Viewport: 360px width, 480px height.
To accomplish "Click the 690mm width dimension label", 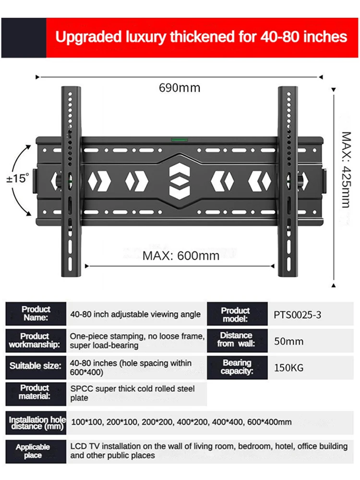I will tap(180, 88).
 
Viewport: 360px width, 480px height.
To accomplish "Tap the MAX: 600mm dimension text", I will tap(181, 255).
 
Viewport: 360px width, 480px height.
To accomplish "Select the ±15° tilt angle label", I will tap(18, 179).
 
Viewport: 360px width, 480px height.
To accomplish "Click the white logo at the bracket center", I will tap(180, 182).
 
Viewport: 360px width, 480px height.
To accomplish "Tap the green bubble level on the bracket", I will tap(180, 140).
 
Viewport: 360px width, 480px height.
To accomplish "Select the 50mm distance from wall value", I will tap(288, 342).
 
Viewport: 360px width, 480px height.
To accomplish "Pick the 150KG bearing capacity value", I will tap(288, 368).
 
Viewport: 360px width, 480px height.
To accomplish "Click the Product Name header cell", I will tap(36, 314).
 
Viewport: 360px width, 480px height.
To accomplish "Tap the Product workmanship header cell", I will tap(36, 341).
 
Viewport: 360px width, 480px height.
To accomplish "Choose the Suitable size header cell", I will tap(36, 366).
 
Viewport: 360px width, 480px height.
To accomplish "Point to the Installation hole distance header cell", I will tap(36, 423).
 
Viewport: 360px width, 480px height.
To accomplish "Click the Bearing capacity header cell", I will tap(237, 367).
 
